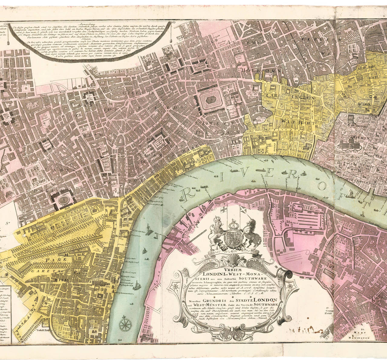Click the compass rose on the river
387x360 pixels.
[124, 324]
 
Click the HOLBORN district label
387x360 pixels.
[262, 70]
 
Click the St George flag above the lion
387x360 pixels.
[223, 210]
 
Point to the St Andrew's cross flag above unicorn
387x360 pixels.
[243, 209]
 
